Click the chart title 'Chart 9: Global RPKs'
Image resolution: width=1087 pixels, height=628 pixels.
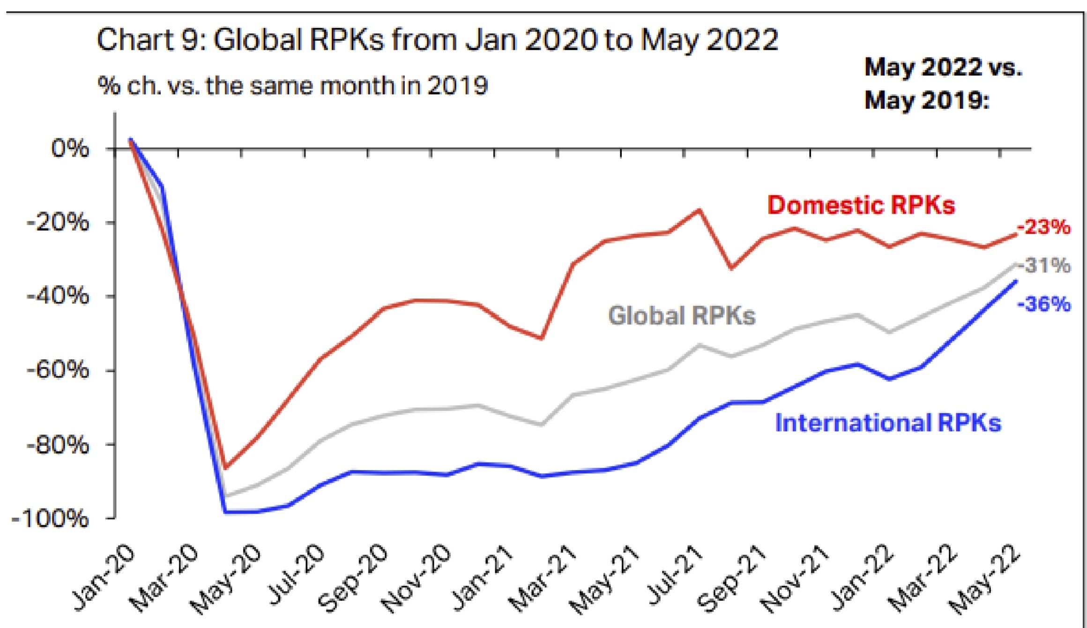(x=437, y=39)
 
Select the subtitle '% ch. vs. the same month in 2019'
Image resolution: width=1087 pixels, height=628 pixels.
(x=292, y=86)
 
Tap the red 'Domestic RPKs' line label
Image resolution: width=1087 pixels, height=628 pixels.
(x=861, y=205)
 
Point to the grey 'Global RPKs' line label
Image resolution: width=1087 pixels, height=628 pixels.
(x=681, y=315)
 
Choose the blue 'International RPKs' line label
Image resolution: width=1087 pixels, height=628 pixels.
(x=888, y=423)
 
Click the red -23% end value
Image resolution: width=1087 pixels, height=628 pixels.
(x=1044, y=228)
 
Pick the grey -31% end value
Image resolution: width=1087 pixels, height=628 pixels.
(x=1045, y=266)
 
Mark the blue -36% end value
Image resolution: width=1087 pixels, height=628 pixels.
(x=1044, y=305)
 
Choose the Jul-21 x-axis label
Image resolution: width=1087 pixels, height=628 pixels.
(x=675, y=577)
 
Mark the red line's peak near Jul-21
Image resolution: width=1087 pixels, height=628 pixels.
(x=699, y=209)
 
